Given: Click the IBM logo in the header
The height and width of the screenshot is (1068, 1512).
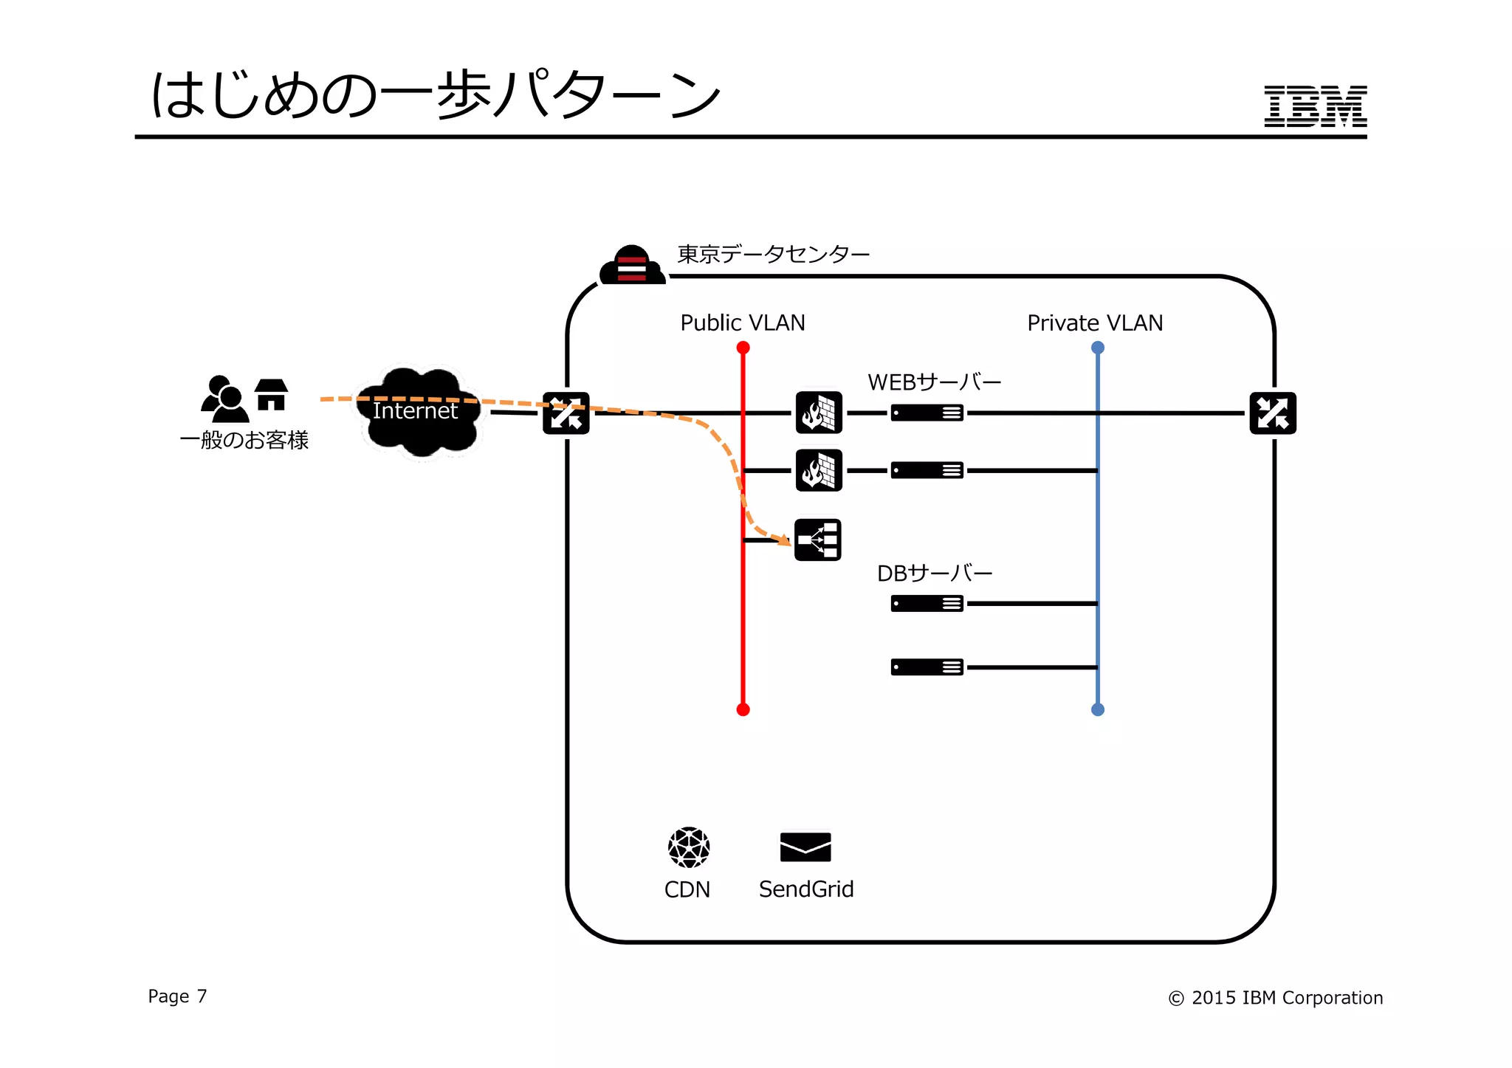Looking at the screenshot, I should coord(1314,106).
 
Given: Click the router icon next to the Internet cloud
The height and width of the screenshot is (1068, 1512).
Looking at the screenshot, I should coord(566,413).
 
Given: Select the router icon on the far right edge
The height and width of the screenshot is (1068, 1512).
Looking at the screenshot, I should coord(1272,413).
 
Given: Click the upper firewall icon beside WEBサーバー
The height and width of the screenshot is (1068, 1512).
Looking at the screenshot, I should coord(819,413).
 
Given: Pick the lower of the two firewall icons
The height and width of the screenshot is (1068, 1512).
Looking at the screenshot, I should coord(819,470).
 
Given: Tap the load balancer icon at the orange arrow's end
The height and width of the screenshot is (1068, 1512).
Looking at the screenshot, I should coord(818,540).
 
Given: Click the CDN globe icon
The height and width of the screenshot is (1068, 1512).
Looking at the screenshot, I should coord(688,847).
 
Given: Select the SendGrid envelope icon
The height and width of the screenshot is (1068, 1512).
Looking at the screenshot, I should coord(805,847).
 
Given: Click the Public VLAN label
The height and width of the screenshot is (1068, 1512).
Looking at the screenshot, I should coord(742,323).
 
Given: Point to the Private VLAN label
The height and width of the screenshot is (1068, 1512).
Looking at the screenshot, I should coord(1094,323).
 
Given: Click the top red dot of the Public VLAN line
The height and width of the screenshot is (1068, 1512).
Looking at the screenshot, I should coord(743,348).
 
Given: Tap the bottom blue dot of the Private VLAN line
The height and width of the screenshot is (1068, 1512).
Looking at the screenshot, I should coord(1097,709).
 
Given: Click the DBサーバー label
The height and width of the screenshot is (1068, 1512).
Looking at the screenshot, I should coord(934,573).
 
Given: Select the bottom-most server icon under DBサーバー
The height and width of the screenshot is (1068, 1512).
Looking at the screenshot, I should coord(927,667).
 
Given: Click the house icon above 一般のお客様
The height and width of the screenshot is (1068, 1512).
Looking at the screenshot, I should coord(271,395).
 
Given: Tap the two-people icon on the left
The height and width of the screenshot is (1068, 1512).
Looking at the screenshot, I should coord(224,399).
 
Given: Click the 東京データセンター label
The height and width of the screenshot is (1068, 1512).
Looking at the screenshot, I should coord(773,255).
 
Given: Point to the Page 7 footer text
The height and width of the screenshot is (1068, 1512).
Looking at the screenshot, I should coord(177,996).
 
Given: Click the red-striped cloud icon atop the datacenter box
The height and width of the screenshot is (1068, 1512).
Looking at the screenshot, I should coord(632,266).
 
